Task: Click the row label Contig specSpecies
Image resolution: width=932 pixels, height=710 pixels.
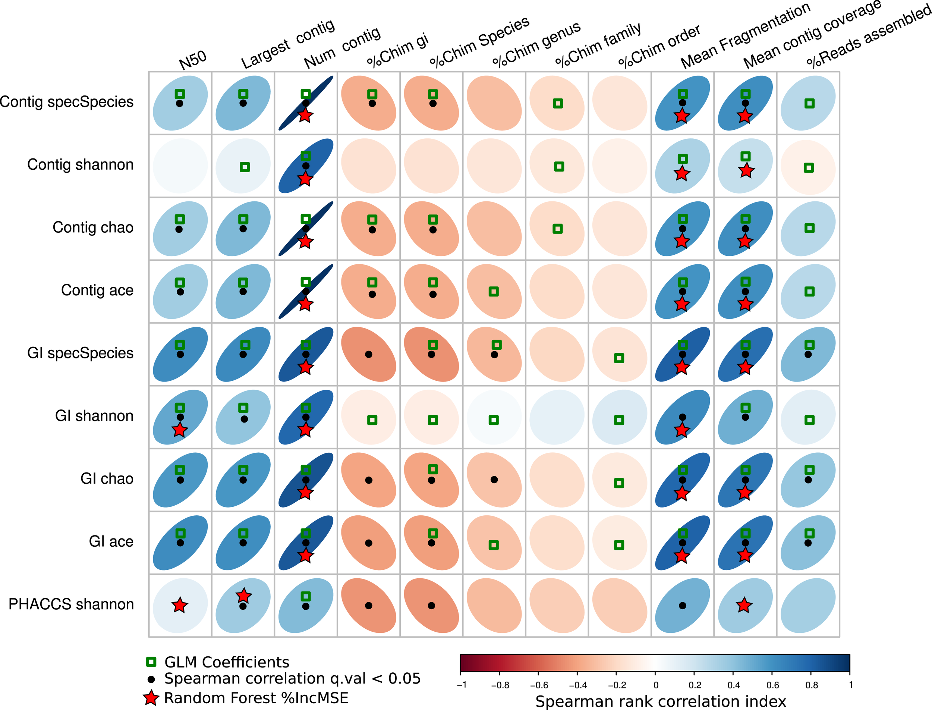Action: click(x=66, y=102)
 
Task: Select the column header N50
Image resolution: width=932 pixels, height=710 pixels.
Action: click(x=193, y=60)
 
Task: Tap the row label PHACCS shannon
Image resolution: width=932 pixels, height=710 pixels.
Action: click(x=71, y=604)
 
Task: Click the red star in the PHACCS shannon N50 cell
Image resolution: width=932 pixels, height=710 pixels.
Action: click(x=180, y=605)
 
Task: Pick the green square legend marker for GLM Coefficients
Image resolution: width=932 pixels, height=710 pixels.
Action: click(x=151, y=662)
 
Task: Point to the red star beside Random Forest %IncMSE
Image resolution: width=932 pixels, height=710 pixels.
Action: click(x=151, y=698)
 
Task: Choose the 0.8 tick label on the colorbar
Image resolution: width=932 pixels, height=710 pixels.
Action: click(x=811, y=685)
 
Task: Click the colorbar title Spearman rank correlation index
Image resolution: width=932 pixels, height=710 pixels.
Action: click(x=660, y=701)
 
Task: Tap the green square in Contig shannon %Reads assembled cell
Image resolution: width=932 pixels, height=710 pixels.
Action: click(x=809, y=168)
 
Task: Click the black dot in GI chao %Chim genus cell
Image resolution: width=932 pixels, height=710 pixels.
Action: click(x=494, y=480)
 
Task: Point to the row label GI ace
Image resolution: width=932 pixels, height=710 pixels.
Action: click(x=111, y=541)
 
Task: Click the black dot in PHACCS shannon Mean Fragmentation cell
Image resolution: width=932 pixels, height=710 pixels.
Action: click(x=682, y=606)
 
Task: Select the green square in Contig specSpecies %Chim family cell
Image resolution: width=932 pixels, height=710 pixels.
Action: click(x=558, y=103)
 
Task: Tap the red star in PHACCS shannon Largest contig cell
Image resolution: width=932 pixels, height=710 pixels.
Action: click(x=243, y=596)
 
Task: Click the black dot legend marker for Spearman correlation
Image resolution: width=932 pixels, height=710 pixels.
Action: click(x=151, y=679)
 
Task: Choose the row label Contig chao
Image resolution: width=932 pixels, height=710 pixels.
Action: click(x=93, y=227)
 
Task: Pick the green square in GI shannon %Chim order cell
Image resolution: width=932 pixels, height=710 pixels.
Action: click(x=619, y=420)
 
